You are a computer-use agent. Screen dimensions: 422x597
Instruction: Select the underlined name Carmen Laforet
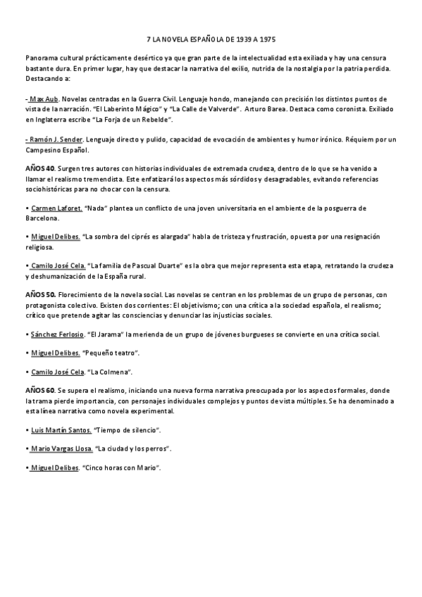(56, 209)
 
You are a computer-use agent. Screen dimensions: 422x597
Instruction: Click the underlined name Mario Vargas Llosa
(61, 448)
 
